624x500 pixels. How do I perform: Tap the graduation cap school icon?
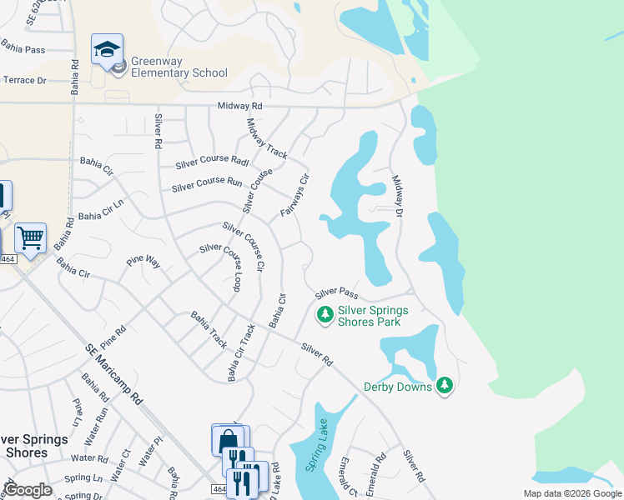(107, 50)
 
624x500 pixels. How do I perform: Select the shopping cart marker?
(30, 238)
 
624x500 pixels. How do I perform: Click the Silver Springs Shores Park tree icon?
(325, 315)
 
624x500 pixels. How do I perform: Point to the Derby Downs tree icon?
(445, 385)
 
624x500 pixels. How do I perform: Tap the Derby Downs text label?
(398, 387)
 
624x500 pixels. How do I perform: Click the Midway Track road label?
(267, 138)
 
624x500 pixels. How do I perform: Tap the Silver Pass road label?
(336, 292)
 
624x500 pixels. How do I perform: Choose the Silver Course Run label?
(207, 184)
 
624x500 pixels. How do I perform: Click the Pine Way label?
(143, 262)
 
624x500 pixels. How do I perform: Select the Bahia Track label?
(209, 330)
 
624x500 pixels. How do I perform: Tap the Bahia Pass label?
(23, 50)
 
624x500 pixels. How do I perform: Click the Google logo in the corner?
(28, 489)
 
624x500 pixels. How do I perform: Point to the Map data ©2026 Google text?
(572, 493)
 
